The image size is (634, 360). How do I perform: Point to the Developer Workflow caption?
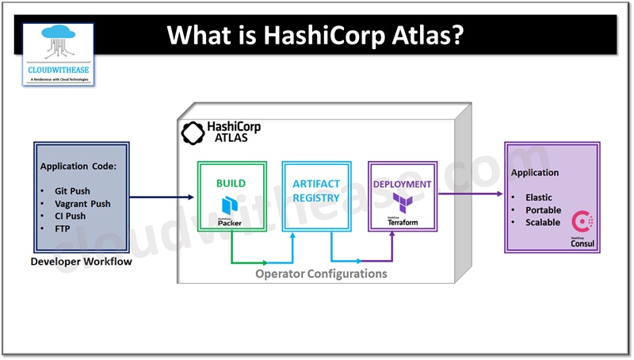(81, 262)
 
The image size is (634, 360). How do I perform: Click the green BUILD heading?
(231, 183)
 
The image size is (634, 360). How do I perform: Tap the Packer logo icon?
(231, 208)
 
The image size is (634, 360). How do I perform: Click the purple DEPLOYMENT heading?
(403, 184)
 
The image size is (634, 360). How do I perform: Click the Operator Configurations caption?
(321, 274)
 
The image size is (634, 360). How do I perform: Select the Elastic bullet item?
(539, 197)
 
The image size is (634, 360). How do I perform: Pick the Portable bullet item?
(543, 210)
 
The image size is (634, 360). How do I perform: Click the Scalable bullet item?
(543, 223)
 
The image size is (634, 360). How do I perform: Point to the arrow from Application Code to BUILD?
(162, 197)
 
